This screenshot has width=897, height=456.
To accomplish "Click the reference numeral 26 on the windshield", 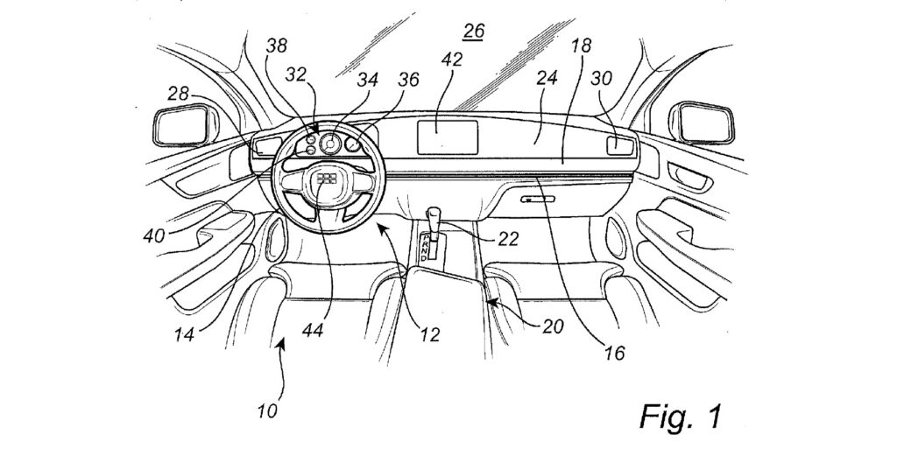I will click(474, 32).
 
